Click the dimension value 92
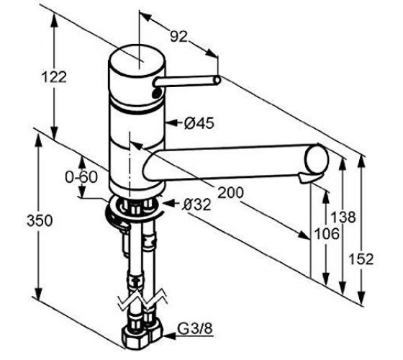click(x=178, y=37)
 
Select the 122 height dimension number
click(x=54, y=77)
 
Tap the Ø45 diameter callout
click(x=199, y=123)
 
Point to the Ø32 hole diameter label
click(x=196, y=204)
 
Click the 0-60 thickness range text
click(x=81, y=177)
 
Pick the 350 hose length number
click(x=40, y=220)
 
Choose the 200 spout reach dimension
click(x=230, y=192)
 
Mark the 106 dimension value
click(x=327, y=234)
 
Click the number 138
click(x=343, y=217)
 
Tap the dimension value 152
click(x=361, y=259)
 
